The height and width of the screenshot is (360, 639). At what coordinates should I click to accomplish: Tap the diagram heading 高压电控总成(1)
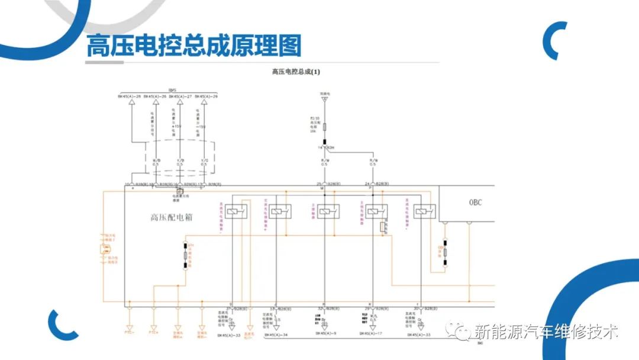pyautogui.click(x=296, y=72)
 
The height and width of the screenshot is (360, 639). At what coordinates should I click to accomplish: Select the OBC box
pyautogui.click(x=475, y=202)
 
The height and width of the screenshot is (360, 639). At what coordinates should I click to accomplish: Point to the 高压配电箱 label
pyautogui.click(x=172, y=217)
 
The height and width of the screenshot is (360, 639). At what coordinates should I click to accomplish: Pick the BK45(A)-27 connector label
pyautogui.click(x=180, y=96)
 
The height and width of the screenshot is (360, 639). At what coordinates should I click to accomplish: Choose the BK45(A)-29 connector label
pyautogui.click(x=206, y=96)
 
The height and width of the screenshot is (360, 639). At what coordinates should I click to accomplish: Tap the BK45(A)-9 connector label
pyautogui.click(x=326, y=333)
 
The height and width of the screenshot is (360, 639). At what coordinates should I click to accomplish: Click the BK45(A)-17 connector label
pyautogui.click(x=371, y=333)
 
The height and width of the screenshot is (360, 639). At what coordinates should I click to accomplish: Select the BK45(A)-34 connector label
pyautogui.click(x=276, y=335)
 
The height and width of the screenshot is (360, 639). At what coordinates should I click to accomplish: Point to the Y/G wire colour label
pyautogui.click(x=204, y=160)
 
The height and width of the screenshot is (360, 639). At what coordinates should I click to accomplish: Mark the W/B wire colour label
pyautogui.click(x=156, y=160)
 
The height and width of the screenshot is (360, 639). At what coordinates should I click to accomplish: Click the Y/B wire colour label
pyautogui.click(x=180, y=160)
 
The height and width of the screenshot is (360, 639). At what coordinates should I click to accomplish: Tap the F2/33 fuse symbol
pyautogui.click(x=324, y=126)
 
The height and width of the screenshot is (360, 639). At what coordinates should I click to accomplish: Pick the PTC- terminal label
pyautogui.click(x=130, y=332)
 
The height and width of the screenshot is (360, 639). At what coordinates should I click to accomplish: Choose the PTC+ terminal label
pyautogui.click(x=154, y=332)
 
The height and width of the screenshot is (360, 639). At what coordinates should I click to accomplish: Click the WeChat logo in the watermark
pyautogui.click(x=456, y=330)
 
